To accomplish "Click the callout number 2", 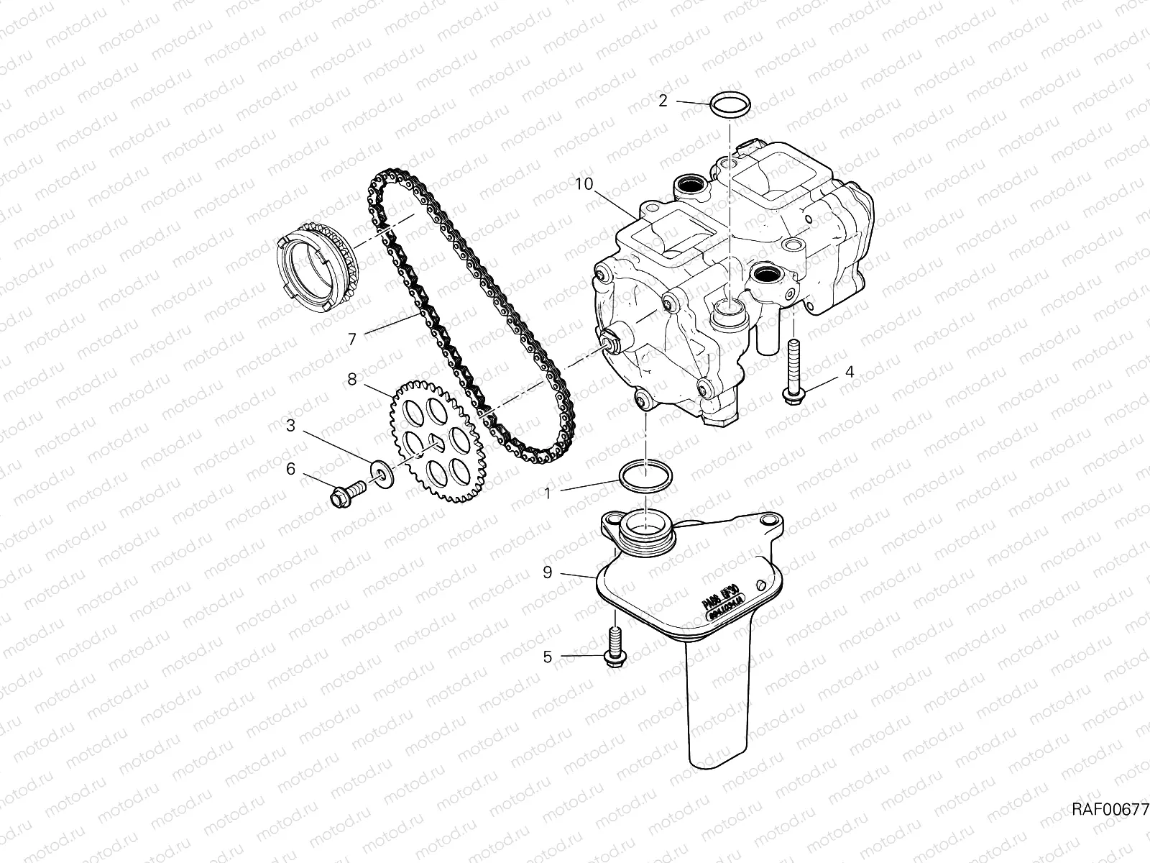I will point(663,101).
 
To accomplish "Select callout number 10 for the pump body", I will point(584,184).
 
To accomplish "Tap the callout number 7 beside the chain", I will point(351,339).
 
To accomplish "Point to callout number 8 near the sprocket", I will point(351,379).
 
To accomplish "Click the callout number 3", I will point(290,426).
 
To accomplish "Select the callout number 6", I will point(290,469).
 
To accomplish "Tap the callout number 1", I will point(548,494).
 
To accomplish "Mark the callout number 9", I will point(548,572).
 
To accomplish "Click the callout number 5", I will point(548,657).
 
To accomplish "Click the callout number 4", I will point(850,372).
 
